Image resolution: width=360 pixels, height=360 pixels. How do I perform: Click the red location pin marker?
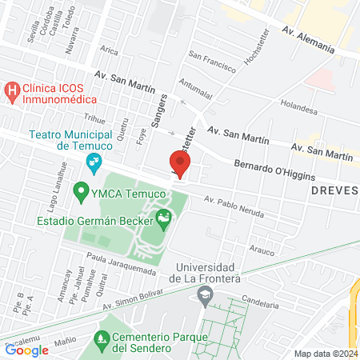coord(180,164)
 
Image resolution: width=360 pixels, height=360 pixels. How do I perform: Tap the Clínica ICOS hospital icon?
coord(12,91)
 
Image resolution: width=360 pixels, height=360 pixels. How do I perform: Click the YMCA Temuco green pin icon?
coord(80,192)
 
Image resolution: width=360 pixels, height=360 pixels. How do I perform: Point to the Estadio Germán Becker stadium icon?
coord(163,217)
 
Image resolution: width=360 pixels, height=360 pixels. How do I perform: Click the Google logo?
coord(26,350)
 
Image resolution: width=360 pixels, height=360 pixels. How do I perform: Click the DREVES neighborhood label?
coord(334,192)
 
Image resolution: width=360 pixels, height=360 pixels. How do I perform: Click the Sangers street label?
coord(157,112)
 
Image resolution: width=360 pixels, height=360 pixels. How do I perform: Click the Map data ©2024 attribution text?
coord(326,354)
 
